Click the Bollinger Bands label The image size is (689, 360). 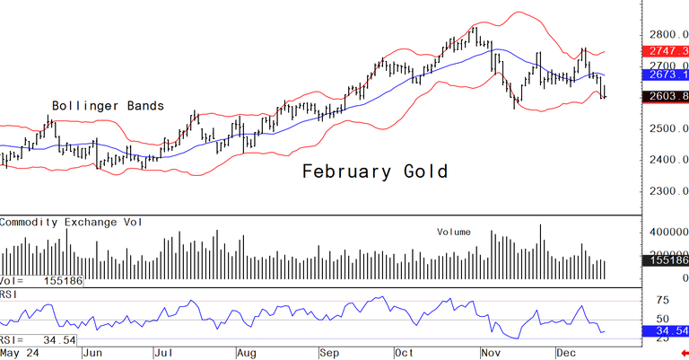click(108, 106)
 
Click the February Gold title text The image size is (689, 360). click(373, 171)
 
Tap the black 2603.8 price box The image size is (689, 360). click(668, 97)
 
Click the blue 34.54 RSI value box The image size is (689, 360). click(668, 332)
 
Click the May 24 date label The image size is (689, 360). click(19, 353)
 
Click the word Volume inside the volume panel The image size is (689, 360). click(454, 232)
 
